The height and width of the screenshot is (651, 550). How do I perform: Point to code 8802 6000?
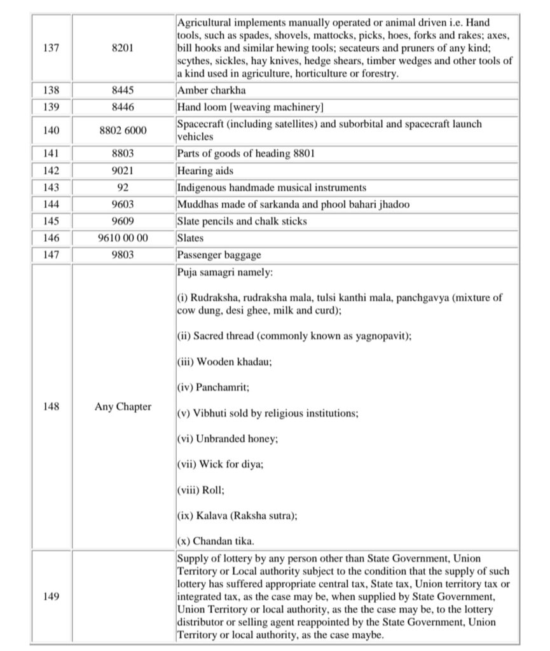click(123, 130)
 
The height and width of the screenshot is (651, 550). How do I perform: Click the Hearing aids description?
click(205, 171)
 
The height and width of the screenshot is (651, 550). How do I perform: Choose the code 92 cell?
click(123, 188)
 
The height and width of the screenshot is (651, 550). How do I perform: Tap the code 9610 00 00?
click(123, 238)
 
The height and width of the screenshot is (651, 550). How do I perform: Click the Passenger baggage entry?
click(219, 255)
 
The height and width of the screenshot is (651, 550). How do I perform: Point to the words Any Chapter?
click(123, 406)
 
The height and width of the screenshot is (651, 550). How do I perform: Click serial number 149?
click(52, 596)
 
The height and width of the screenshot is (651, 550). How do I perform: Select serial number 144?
click(52, 205)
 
